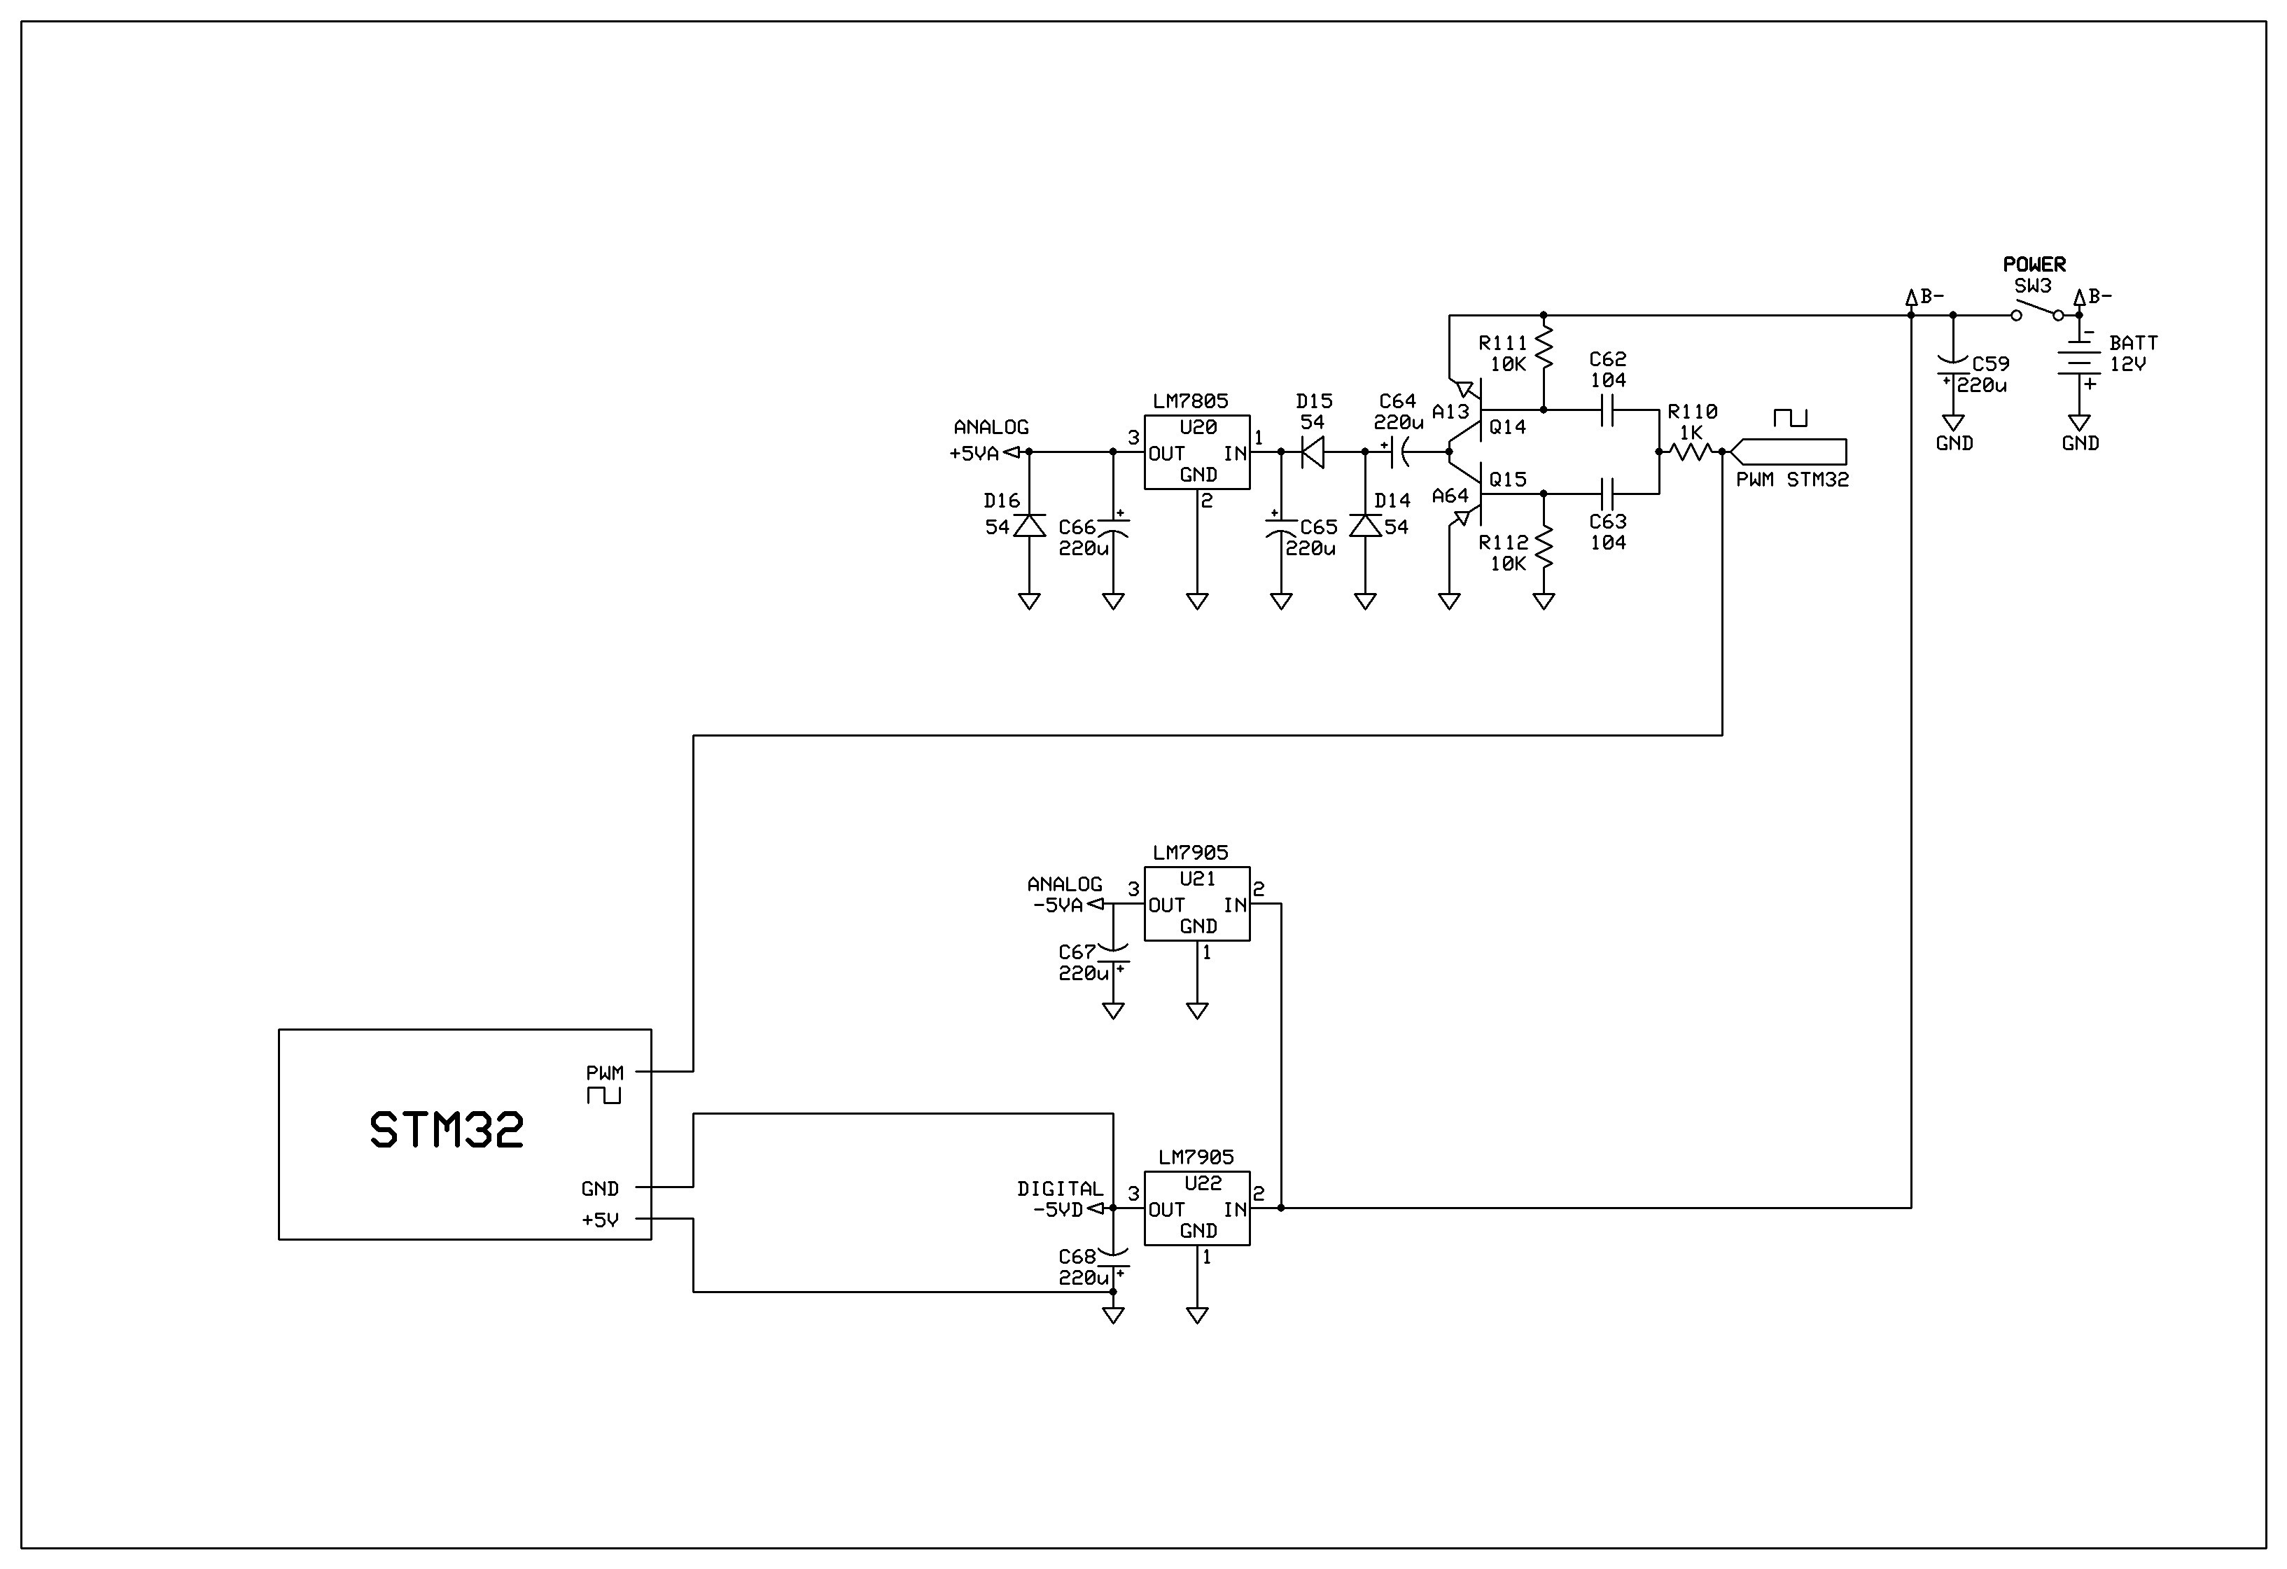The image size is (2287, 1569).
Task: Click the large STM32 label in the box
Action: pos(447,1130)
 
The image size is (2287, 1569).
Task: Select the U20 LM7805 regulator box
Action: pos(1196,452)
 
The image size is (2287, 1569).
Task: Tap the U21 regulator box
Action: pos(1196,904)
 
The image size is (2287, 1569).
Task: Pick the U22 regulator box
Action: pos(1196,1208)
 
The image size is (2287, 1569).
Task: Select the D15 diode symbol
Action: pos(1313,452)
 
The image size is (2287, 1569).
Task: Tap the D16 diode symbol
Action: pos(1029,526)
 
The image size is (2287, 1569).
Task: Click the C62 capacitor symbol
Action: pos(1608,410)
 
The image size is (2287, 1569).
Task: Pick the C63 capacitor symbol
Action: pos(1608,493)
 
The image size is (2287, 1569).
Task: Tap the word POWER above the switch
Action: pos(2034,264)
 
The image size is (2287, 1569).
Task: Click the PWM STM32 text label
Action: pos(1792,480)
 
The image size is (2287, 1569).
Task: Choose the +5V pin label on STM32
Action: pos(601,1220)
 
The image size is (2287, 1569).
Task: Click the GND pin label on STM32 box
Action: pos(601,1188)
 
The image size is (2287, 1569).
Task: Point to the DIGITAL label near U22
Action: pos(1060,1188)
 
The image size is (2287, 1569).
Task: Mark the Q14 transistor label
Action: pos(1508,426)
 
